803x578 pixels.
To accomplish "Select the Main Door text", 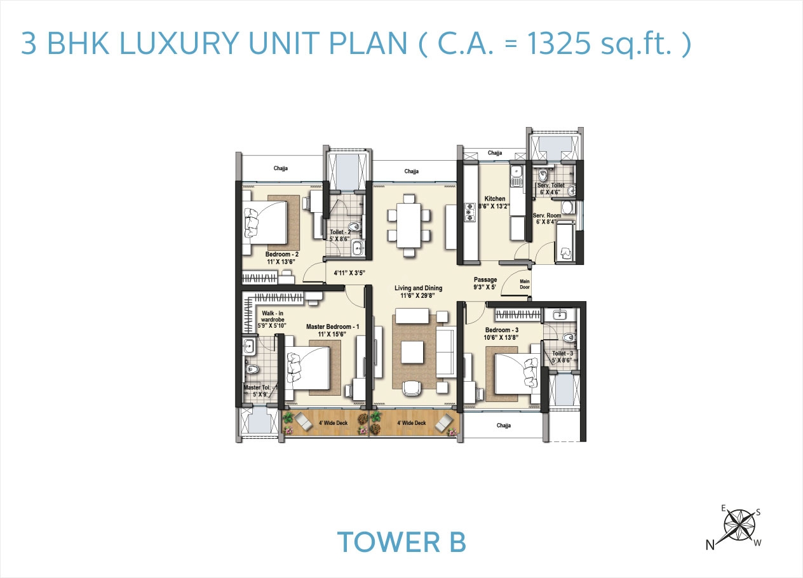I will (525, 283).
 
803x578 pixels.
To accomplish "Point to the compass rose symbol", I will (739, 525).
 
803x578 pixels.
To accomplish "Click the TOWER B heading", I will (402, 542).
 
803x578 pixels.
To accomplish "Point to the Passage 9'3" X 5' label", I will (486, 283).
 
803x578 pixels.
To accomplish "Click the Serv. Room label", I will (546, 218).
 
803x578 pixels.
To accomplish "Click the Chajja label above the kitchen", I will (495, 153).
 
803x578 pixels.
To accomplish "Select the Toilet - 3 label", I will (562, 356).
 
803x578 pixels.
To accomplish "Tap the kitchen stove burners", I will (471, 212).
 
